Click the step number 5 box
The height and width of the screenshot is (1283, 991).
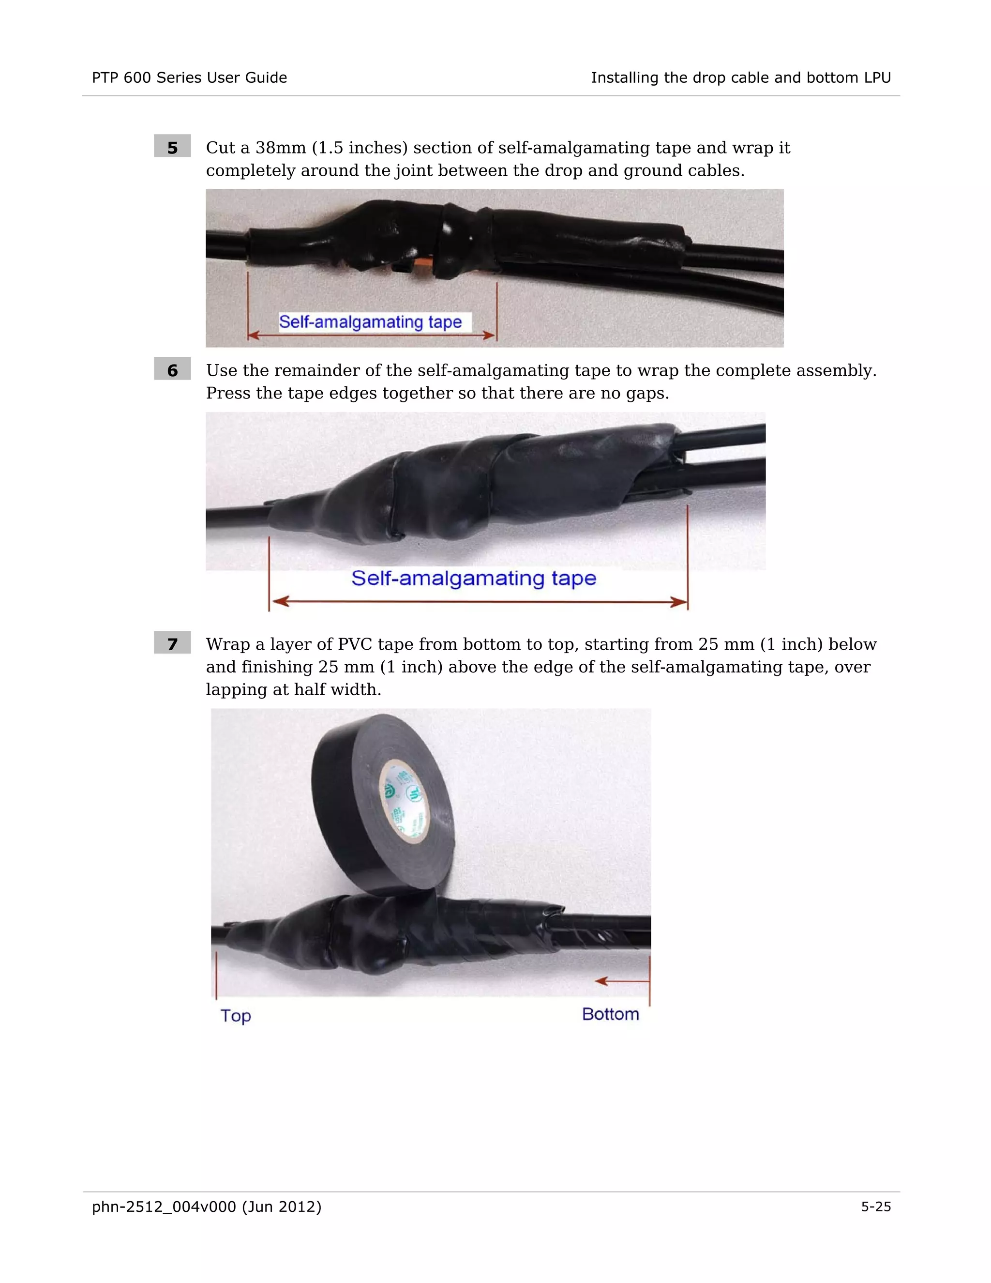click(172, 147)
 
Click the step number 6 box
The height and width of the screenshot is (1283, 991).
click(172, 369)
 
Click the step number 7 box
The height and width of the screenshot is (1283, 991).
click(172, 643)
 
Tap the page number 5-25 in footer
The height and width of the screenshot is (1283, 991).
click(875, 1207)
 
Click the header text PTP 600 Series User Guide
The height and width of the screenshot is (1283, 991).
click(189, 77)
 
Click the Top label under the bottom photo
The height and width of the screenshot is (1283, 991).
click(236, 1016)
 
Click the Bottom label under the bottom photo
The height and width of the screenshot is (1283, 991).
click(610, 1014)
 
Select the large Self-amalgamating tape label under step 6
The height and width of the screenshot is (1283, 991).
click(473, 578)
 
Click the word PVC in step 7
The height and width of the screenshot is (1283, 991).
click(355, 644)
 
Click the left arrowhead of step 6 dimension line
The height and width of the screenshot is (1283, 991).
click(281, 601)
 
